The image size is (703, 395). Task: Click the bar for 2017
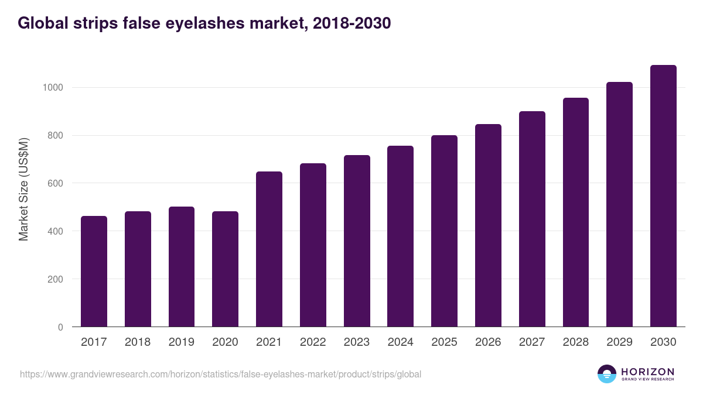pos(94,272)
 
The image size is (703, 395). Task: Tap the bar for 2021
pos(269,249)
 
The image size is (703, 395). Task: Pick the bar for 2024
pos(400,236)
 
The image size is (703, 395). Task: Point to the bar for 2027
pos(532,219)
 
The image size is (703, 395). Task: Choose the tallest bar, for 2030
pos(663,196)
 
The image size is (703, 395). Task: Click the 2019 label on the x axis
pos(181,342)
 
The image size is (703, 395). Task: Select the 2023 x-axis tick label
pos(357,342)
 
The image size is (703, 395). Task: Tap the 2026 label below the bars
pos(488,342)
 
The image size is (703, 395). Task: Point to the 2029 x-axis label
pos(619,342)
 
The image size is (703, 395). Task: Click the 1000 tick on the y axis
pos(52,88)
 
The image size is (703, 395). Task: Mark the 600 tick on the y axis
pos(54,183)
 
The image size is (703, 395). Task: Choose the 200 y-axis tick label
pos(54,279)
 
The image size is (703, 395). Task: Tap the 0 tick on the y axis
pos(60,327)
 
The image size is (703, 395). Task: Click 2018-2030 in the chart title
pos(349,23)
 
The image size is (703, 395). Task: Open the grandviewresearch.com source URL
pos(220,374)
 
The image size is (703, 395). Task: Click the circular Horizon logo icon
pos(607,374)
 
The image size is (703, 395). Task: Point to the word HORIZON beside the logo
pos(647,371)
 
